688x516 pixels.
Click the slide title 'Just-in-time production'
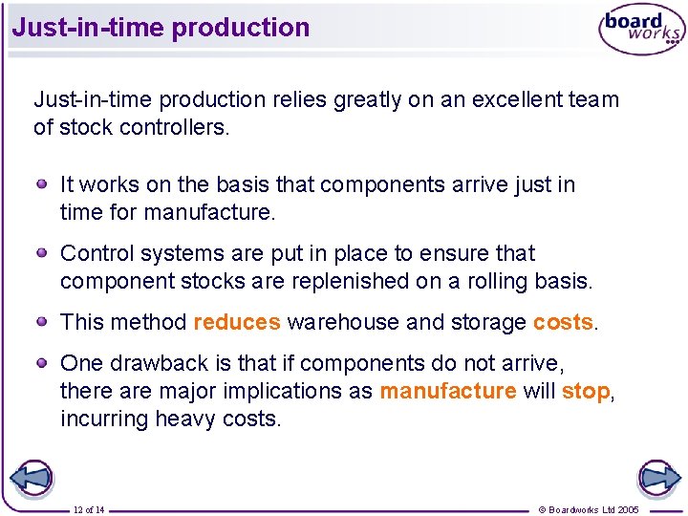coord(161,27)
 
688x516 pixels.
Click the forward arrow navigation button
coord(658,477)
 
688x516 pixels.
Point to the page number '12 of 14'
coord(89,509)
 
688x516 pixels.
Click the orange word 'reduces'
coord(237,322)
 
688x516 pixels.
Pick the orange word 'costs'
coord(563,322)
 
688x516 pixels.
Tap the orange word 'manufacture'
coord(448,391)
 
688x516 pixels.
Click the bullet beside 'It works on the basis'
coord(43,183)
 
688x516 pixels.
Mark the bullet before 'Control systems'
coord(43,252)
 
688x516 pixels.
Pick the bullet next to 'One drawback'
coord(43,362)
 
